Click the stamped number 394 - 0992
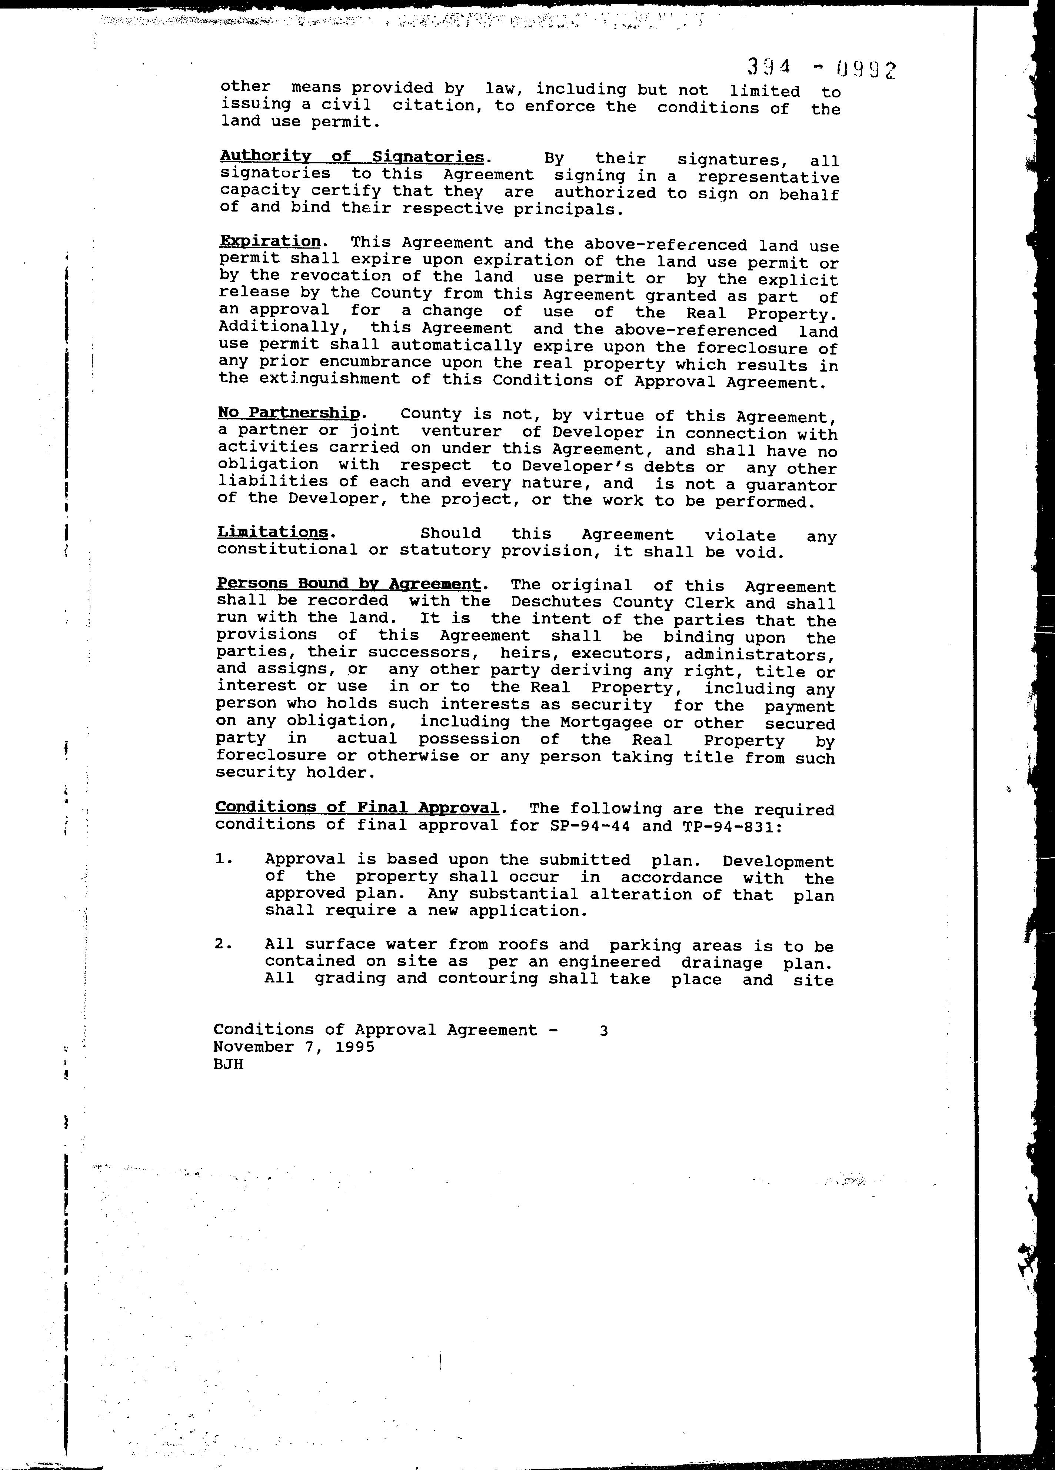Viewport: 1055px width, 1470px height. pyautogui.click(x=821, y=67)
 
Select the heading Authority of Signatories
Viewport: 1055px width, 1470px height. pyautogui.click(x=352, y=157)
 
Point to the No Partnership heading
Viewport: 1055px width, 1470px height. pyautogui.click(x=289, y=413)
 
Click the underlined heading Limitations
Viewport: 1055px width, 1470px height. pyautogui.click(x=273, y=532)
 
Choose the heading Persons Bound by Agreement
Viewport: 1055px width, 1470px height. pyautogui.click(x=349, y=583)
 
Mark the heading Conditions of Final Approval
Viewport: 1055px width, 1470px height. pyautogui.click(x=357, y=808)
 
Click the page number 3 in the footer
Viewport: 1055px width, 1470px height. pyautogui.click(x=603, y=1031)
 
